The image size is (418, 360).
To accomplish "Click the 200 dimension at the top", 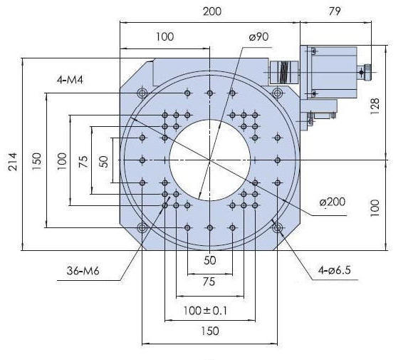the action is [x=212, y=11].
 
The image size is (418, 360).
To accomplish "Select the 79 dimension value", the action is [x=334, y=11].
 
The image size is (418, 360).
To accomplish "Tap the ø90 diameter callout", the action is [x=258, y=37].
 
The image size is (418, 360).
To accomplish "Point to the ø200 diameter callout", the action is [x=333, y=202].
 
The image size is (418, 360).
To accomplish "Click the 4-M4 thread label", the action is [x=70, y=80].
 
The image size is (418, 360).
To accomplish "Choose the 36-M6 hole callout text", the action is [x=83, y=271].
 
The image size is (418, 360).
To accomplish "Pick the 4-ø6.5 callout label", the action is [x=335, y=270].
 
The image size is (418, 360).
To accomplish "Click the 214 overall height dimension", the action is [x=13, y=162].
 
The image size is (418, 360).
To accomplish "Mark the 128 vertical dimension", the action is [x=375, y=106].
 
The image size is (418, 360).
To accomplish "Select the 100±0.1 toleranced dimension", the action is [x=205, y=311].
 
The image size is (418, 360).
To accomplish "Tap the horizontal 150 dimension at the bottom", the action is [x=210, y=331].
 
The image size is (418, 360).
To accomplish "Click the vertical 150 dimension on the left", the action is [x=37, y=161].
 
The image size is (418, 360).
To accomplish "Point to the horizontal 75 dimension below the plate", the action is [x=209, y=282].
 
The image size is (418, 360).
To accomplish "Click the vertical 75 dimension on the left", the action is [x=83, y=161].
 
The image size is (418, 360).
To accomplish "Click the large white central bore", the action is [x=210, y=160].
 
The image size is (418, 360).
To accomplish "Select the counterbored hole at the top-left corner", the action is [x=142, y=93].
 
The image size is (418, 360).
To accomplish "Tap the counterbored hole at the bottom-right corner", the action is [x=278, y=228].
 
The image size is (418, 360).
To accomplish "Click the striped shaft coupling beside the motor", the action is [x=284, y=72].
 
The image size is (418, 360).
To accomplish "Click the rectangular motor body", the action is [x=334, y=72].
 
